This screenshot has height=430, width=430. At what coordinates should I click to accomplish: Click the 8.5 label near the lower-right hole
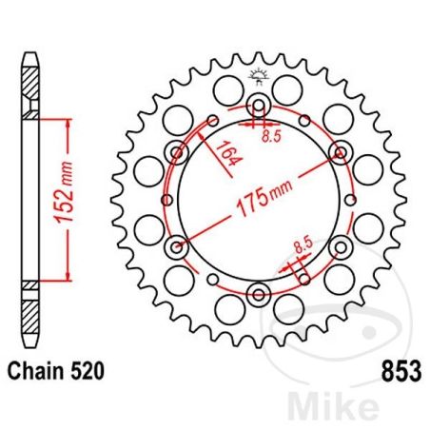coord(302,249)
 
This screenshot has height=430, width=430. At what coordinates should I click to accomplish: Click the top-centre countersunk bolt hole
coord(258,106)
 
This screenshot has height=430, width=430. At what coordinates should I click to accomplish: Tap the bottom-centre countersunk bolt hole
coord(258,292)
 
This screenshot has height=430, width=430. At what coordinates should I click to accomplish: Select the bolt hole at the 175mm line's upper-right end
coord(339,152)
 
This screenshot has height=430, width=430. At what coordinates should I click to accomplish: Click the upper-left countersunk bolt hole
coord(176,152)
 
